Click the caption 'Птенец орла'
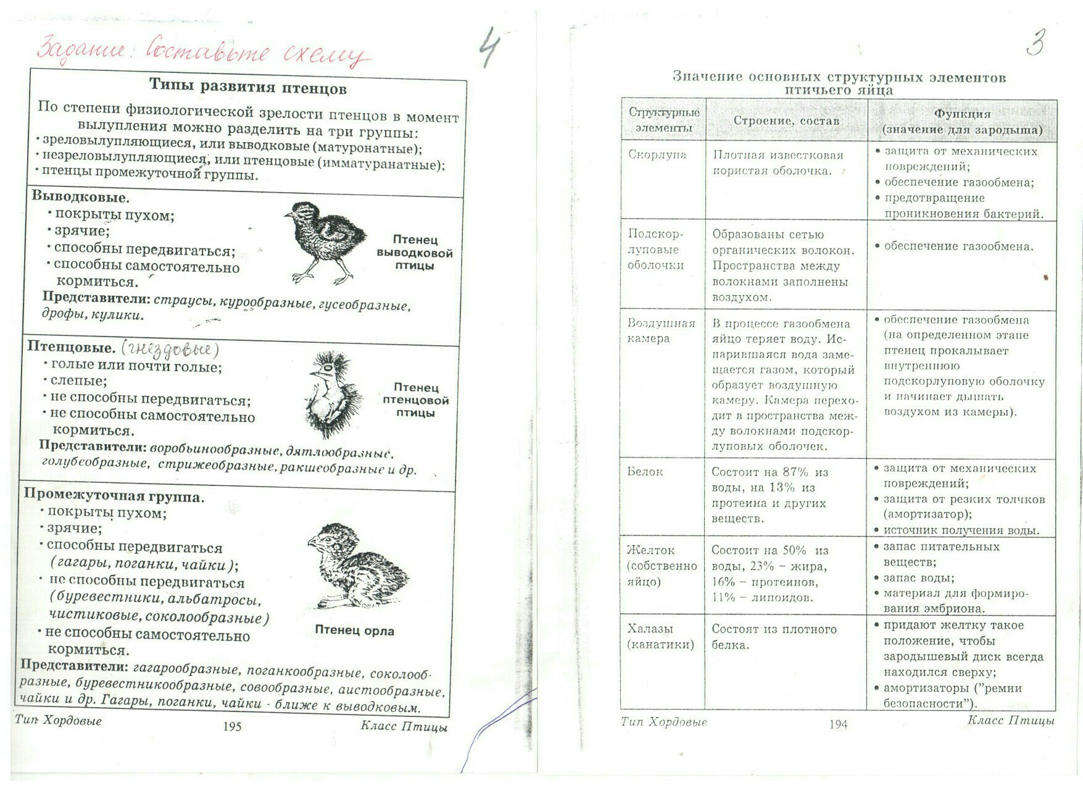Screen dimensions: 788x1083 pyautogui.click(x=354, y=631)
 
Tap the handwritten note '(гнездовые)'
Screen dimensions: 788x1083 pyautogui.click(x=170, y=350)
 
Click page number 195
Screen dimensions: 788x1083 pyautogui.click(x=232, y=727)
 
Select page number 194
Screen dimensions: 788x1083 pyautogui.click(x=838, y=724)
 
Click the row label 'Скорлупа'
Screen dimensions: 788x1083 pyautogui.click(x=657, y=154)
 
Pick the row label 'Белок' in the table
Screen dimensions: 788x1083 pyautogui.click(x=645, y=472)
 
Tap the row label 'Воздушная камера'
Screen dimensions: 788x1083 pyautogui.click(x=660, y=331)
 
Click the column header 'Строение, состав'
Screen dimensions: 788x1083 pyautogui.click(x=786, y=121)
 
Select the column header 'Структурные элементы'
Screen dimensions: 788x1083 pyautogui.click(x=664, y=120)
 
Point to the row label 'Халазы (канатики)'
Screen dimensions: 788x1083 pyautogui.click(x=660, y=637)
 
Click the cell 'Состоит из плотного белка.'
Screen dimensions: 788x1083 pyautogui.click(x=774, y=637)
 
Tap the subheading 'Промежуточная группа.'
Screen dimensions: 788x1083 pyautogui.click(x=114, y=496)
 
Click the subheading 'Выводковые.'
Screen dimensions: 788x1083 pyautogui.click(x=81, y=197)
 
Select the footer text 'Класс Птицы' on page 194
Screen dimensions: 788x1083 pyautogui.click(x=1011, y=721)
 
